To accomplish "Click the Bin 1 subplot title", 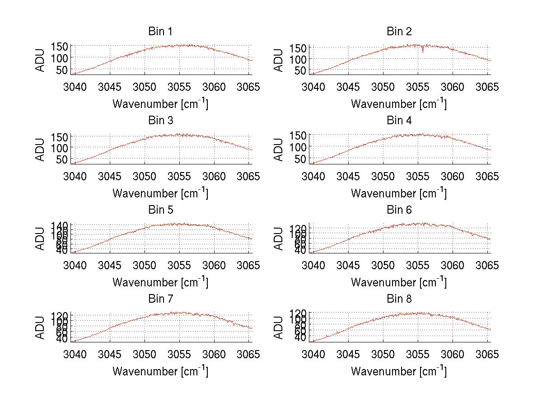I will pos(160,32).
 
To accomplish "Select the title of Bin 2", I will pos(399,32).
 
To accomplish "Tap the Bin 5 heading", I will pos(160,210).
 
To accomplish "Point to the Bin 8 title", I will pos(399,299).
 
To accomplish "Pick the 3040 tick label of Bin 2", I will pos(313,86).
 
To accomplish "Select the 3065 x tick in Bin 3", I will pos(248,176).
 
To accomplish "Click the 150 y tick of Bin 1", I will pos(61,47).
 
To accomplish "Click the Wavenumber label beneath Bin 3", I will pos(160,193).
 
